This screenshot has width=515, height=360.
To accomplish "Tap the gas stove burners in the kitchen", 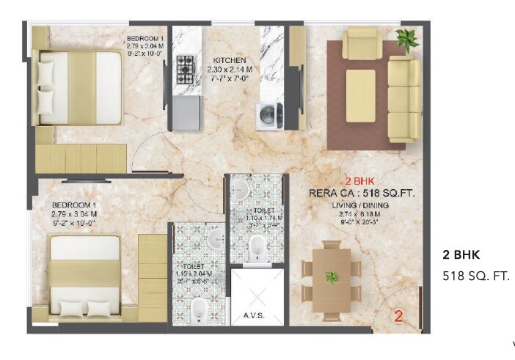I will click(185, 70).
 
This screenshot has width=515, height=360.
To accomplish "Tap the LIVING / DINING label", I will click(359, 206).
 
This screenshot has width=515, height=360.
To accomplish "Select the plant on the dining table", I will click(332, 277).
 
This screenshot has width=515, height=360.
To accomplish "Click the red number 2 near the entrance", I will click(399, 317).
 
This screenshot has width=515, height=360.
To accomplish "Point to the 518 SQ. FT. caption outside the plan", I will click(475, 276).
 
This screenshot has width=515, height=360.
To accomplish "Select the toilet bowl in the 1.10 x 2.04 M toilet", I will click(198, 309).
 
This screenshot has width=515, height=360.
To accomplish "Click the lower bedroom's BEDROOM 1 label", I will click(75, 205).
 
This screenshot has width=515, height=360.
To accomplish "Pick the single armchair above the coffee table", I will click(360, 45).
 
